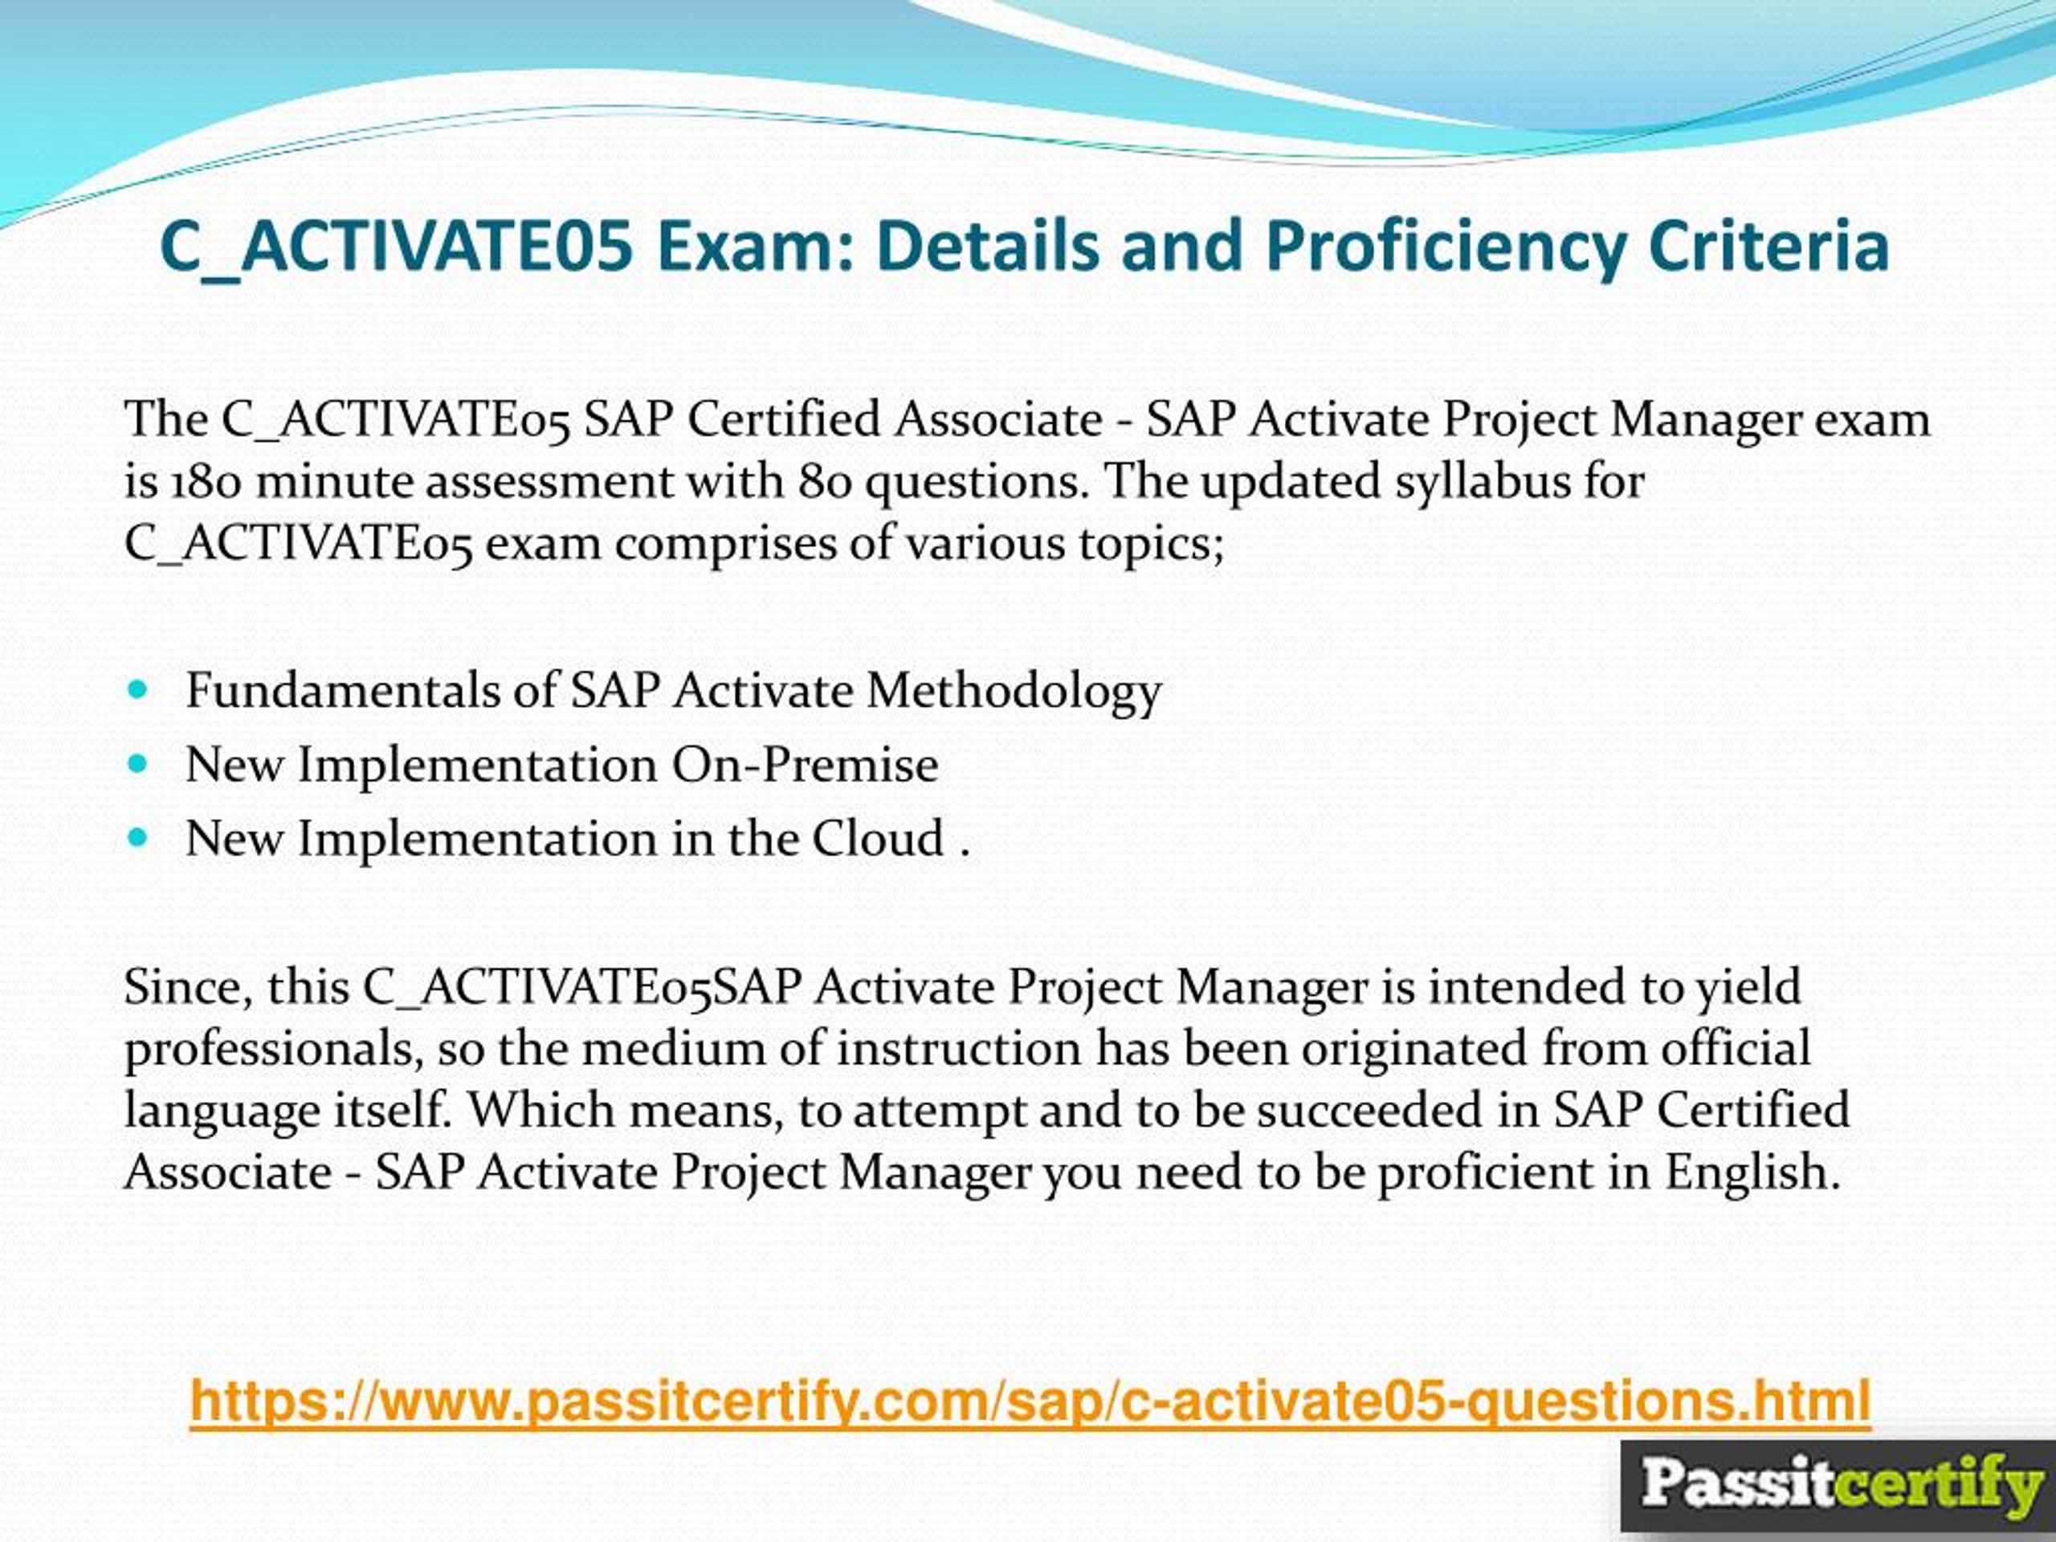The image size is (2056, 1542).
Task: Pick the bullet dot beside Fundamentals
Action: point(138,691)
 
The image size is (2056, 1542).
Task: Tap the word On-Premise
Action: point(805,765)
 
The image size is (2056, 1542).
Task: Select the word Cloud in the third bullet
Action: point(879,838)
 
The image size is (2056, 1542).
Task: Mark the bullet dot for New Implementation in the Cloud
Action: point(138,838)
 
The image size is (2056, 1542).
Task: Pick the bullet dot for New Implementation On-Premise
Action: point(138,765)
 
